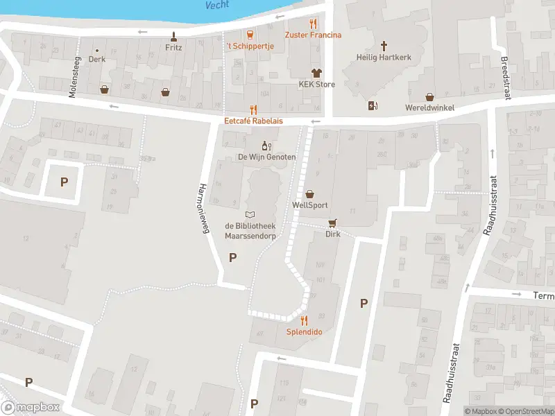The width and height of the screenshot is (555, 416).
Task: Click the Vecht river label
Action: coord(218,5)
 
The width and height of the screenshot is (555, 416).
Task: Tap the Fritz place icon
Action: coord(173,36)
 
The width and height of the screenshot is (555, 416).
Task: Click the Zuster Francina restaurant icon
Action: coord(313,23)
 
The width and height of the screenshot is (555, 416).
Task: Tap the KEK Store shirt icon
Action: coord(316,73)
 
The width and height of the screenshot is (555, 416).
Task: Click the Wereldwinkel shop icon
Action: coord(429,96)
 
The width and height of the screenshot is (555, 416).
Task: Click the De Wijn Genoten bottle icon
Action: coord(265,145)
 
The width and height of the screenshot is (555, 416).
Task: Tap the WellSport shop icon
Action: coord(309,194)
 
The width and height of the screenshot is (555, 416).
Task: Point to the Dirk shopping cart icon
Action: coord(333,223)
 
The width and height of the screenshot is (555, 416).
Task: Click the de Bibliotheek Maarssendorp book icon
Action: coord(250,214)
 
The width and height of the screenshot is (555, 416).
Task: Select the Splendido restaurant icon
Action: coord(304,320)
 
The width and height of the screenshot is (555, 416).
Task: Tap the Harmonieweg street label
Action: coord(204,209)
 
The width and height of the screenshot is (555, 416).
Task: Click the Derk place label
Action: coord(97,60)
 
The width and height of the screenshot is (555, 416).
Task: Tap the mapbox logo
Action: coord(31,408)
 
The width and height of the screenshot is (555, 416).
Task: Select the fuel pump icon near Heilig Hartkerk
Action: coord(373,105)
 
